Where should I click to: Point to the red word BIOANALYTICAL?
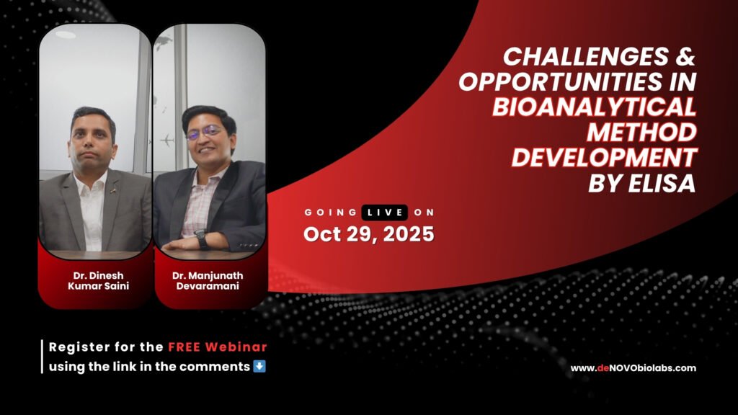(x=595, y=107)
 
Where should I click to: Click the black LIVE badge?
(x=384, y=212)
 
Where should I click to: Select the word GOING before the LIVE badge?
(x=330, y=213)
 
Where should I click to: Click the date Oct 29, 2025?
(x=368, y=234)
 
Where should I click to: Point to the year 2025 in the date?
(x=409, y=234)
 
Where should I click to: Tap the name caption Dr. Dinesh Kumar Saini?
(x=95, y=280)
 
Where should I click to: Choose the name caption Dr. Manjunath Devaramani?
(x=209, y=280)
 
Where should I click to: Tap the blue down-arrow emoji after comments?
(x=260, y=366)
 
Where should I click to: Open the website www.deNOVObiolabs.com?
(x=633, y=368)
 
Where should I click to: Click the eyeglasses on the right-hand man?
(x=205, y=133)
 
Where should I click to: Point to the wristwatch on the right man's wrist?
(x=200, y=238)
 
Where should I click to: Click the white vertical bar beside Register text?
(x=43, y=356)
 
